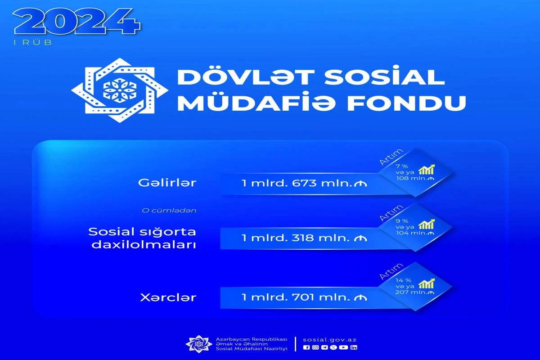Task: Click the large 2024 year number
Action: coord(76,22)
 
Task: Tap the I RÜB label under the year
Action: coord(33,42)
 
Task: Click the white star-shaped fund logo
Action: coord(120,90)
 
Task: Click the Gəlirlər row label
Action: coord(167,183)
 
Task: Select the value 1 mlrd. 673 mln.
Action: coord(304,183)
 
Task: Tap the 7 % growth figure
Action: coord(401,166)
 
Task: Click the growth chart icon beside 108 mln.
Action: coord(427,169)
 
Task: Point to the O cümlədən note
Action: coord(169,211)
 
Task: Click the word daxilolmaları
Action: coord(144,245)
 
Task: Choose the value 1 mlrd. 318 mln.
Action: coord(304,238)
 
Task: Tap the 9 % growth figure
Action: coord(401,221)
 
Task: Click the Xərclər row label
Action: coord(168,297)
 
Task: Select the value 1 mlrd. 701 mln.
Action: coord(304,297)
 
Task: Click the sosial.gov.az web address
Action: coord(329,340)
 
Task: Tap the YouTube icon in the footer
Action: coord(343,347)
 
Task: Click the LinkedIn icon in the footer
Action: coord(354,347)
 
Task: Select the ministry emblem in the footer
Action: coord(199,344)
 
